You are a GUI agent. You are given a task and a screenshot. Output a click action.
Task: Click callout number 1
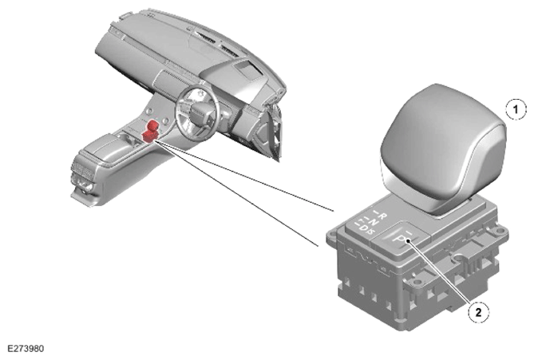coord(516,109)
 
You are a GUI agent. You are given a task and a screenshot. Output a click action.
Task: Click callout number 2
coord(478,312)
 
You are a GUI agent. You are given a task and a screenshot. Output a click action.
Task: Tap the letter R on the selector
coord(383,216)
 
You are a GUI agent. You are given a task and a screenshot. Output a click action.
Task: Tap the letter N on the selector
coord(374,222)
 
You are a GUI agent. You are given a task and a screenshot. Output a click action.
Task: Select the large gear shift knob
coord(443,150)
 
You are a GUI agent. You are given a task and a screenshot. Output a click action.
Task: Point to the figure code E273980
coord(26,349)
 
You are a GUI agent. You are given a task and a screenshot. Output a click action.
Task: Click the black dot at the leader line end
coord(408,241)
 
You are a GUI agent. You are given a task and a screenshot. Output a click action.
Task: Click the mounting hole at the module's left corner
coord(332,235)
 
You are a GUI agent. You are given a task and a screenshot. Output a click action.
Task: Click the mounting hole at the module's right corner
coord(499,231)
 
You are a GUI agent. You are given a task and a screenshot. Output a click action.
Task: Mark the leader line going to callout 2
coord(440,272)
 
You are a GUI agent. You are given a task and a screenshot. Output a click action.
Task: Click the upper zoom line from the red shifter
coord(244,176)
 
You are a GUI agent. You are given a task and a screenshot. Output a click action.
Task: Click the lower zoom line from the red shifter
coord(237,193)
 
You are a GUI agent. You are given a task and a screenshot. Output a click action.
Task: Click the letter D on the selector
coord(364,227)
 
